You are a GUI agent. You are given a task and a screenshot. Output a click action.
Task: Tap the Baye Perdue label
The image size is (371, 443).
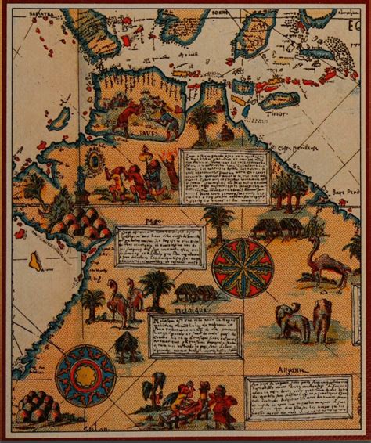point(348,192)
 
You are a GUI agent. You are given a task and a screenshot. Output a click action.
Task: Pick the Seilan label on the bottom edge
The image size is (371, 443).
point(95,435)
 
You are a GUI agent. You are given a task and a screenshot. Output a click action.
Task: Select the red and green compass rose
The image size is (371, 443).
point(242,268)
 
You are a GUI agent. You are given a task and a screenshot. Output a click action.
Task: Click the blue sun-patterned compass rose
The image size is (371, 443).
point(85,376)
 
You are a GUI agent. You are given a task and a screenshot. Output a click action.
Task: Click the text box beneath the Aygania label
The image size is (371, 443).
point(297,397)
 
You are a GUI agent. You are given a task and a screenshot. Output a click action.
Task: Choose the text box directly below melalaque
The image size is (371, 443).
point(196,336)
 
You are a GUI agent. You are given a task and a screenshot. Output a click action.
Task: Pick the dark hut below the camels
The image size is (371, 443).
point(126,345)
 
